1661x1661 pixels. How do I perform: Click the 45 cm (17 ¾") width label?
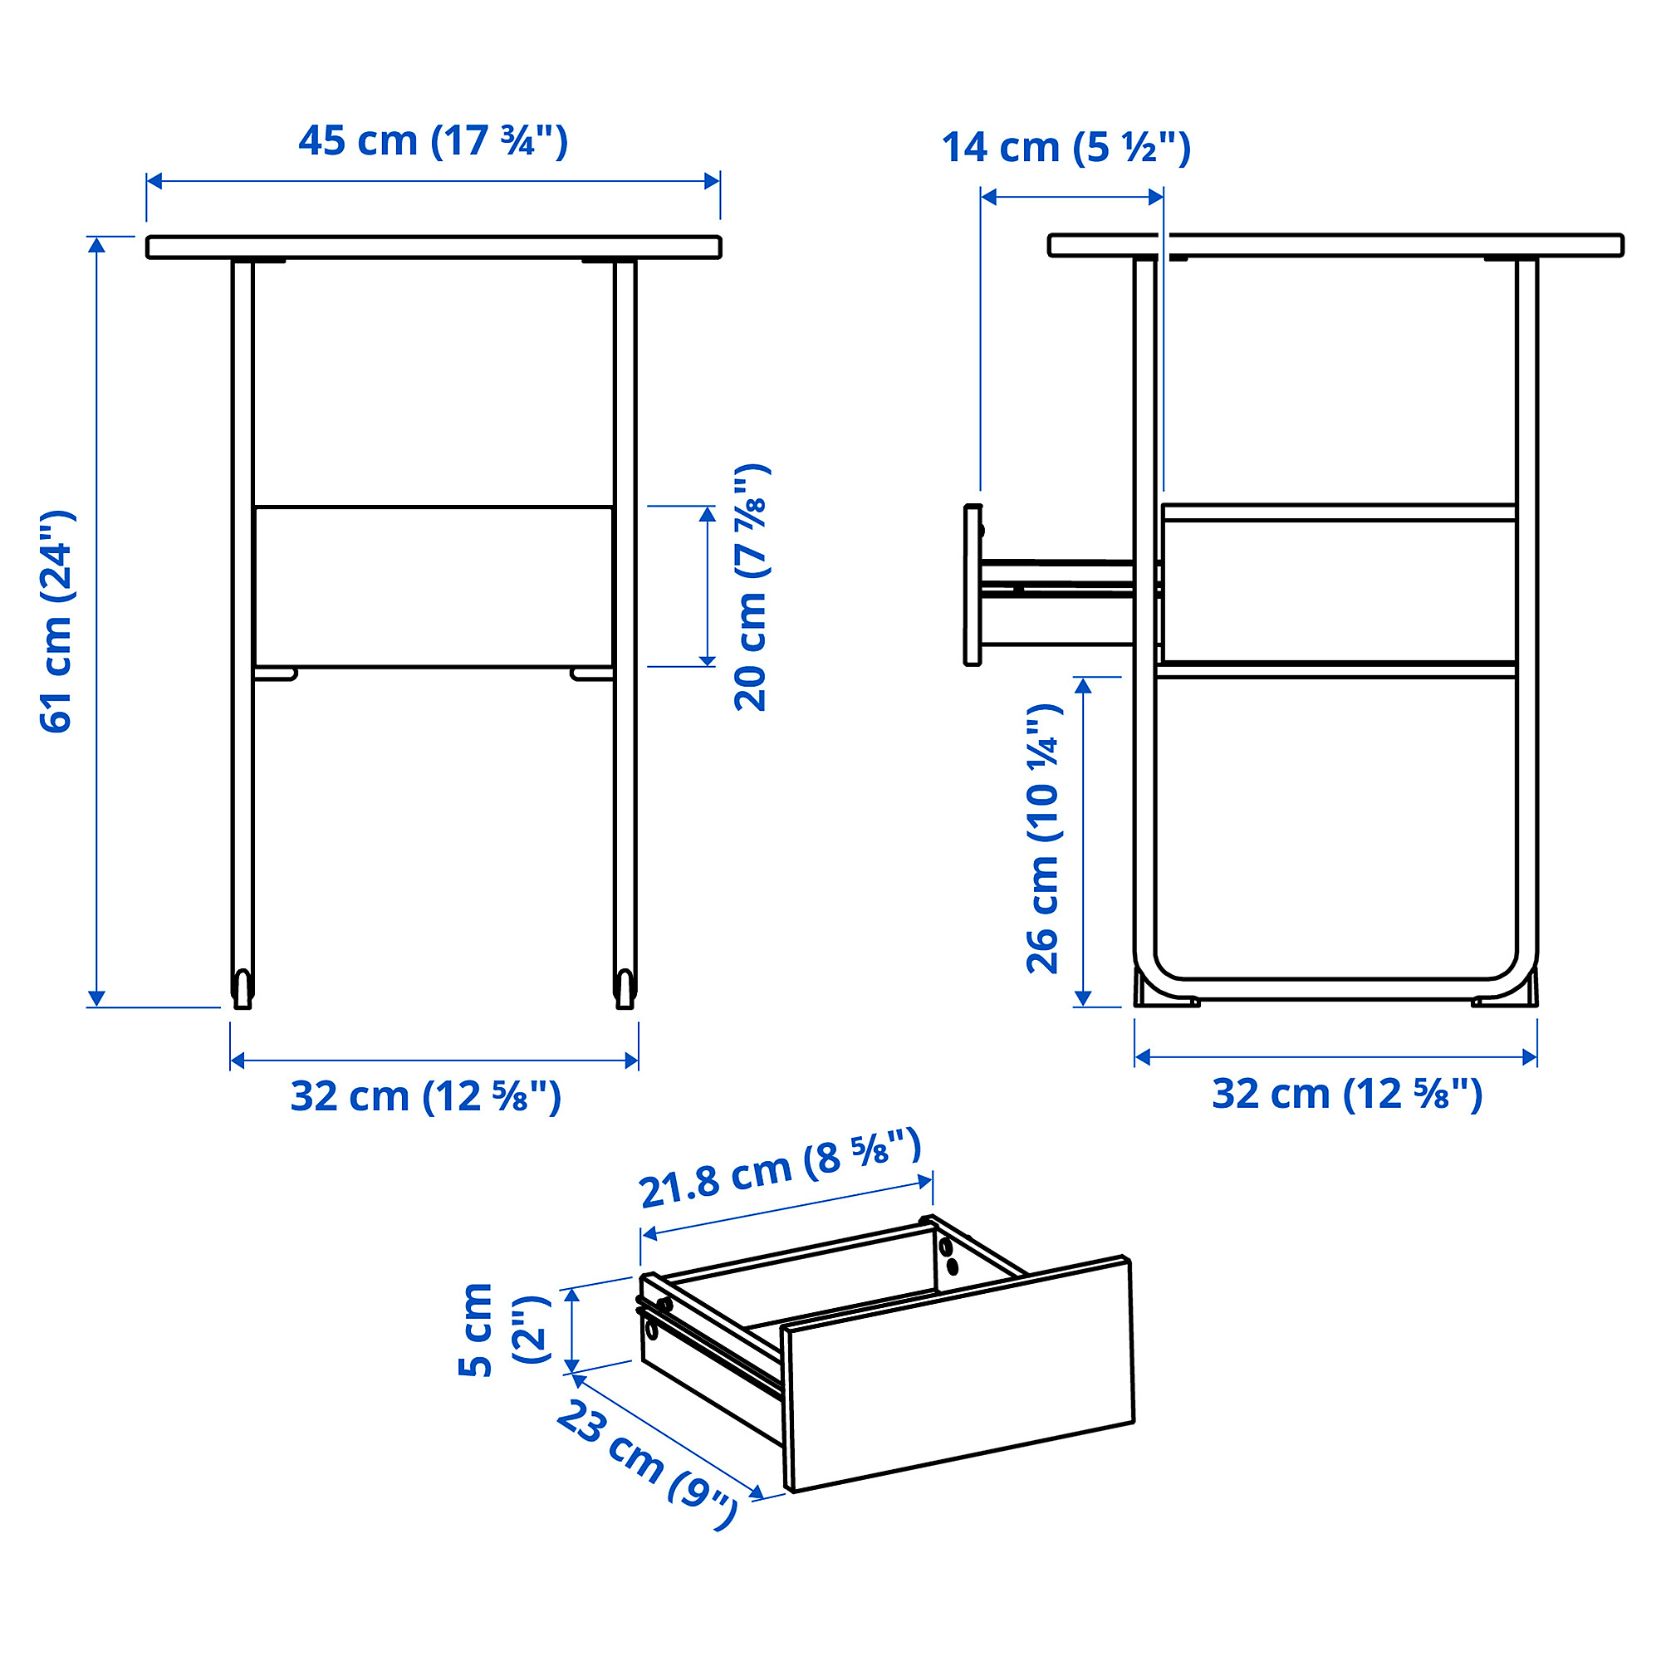(x=433, y=141)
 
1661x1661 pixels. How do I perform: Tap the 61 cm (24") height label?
(x=57, y=620)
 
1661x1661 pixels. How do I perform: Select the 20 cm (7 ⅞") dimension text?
(x=752, y=587)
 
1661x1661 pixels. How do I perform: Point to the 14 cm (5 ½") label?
(x=1066, y=148)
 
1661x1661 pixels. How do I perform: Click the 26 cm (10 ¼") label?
(x=1044, y=838)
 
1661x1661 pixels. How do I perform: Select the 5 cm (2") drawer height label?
(x=503, y=1329)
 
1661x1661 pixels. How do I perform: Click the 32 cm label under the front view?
(x=425, y=1097)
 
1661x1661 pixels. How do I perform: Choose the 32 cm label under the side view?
(x=1347, y=1095)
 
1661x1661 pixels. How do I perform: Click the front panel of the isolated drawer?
(x=959, y=1373)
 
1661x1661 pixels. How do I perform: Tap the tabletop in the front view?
(x=434, y=247)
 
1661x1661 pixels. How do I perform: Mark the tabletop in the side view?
(x=1335, y=245)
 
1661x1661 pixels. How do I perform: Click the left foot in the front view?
(x=243, y=988)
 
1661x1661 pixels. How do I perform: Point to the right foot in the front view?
(x=625, y=988)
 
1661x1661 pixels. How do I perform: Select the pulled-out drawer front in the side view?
(x=973, y=585)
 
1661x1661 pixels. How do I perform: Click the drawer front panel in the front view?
(x=434, y=586)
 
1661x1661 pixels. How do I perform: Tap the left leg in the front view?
(x=243, y=602)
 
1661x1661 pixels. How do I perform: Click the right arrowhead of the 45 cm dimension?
(x=712, y=181)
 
